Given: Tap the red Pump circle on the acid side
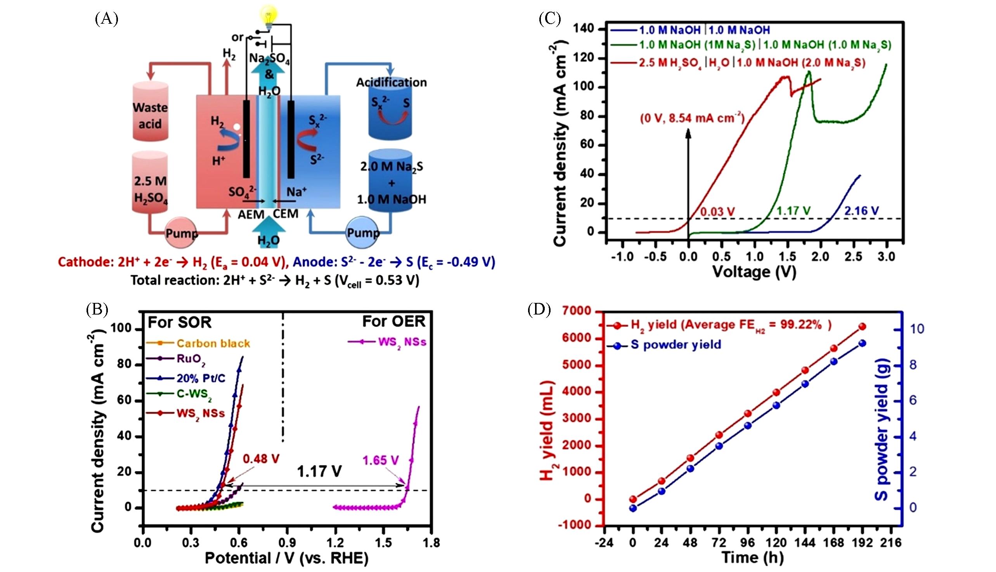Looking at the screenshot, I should (x=181, y=233).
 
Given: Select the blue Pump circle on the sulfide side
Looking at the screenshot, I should (x=363, y=233).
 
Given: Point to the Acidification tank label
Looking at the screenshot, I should (x=391, y=82).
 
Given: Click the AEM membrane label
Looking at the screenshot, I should (x=251, y=214).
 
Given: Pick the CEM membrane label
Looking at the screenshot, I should (x=286, y=214).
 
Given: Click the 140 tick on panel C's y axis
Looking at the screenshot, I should (x=584, y=29).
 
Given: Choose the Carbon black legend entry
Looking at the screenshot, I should (x=213, y=343).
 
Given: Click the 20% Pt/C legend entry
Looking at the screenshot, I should (x=201, y=378).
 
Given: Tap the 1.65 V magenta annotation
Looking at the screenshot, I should (x=380, y=460).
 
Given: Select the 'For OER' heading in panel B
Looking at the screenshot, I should (x=393, y=322).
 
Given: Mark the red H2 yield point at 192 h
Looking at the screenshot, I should (x=862, y=327).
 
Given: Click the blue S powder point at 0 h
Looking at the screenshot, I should (x=632, y=508).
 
